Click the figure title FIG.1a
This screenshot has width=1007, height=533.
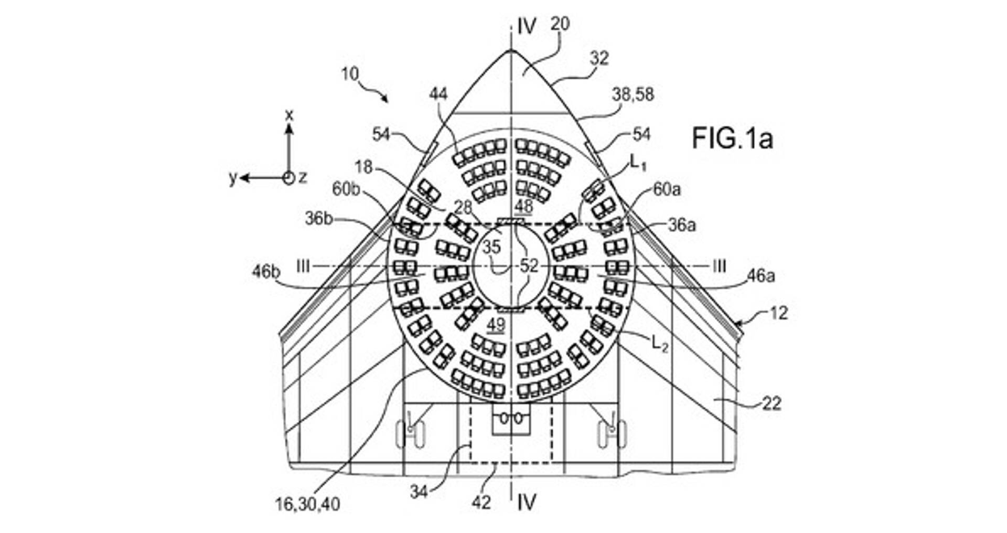(x=732, y=138)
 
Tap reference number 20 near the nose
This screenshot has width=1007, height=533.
(x=560, y=24)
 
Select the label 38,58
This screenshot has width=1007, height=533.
(x=633, y=94)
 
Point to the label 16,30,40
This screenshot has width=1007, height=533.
(x=307, y=504)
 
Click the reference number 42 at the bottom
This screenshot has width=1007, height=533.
(x=481, y=502)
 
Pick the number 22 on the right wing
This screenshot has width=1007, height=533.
(x=772, y=403)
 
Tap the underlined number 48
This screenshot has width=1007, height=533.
(x=523, y=207)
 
